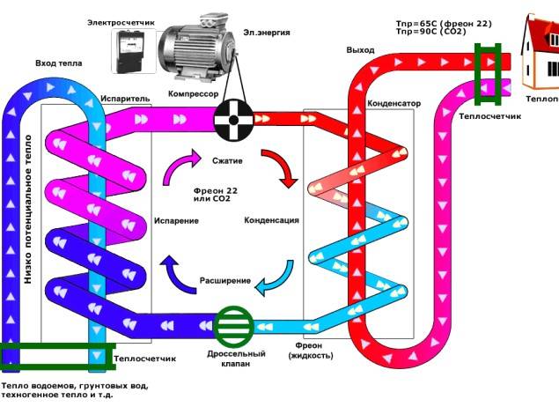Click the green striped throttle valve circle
pyautogui.click(x=233, y=325)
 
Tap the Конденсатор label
pyautogui.click(x=394, y=103)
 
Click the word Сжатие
pyautogui.click(x=227, y=161)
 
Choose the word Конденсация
pyautogui.click(x=272, y=219)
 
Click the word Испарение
pyautogui.click(x=176, y=219)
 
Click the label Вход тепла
pyautogui.click(x=58, y=64)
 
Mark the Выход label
pyautogui.click(x=360, y=50)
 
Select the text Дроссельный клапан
pyautogui.click(x=232, y=358)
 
